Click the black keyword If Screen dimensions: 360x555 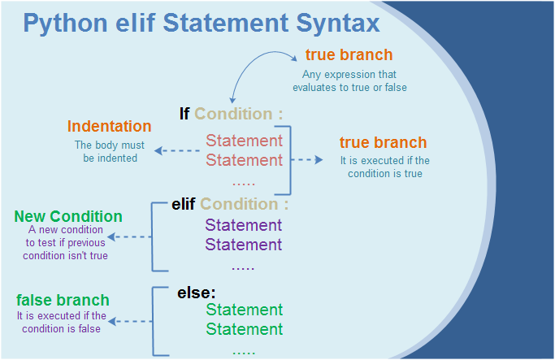184,114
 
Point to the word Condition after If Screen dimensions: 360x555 234,114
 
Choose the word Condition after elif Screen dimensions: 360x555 240,204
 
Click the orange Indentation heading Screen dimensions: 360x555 109,127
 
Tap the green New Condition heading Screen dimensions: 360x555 68,217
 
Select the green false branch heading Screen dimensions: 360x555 63,301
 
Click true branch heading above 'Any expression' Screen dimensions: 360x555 349,55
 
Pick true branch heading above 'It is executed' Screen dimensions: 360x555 383,143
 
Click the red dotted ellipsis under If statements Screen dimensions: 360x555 243,181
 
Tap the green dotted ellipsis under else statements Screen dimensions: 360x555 243,350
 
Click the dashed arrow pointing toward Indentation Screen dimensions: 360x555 176,151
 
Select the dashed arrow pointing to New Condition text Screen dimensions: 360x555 130,237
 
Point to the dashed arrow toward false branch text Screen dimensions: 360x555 130,322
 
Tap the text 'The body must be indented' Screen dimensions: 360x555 110,151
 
